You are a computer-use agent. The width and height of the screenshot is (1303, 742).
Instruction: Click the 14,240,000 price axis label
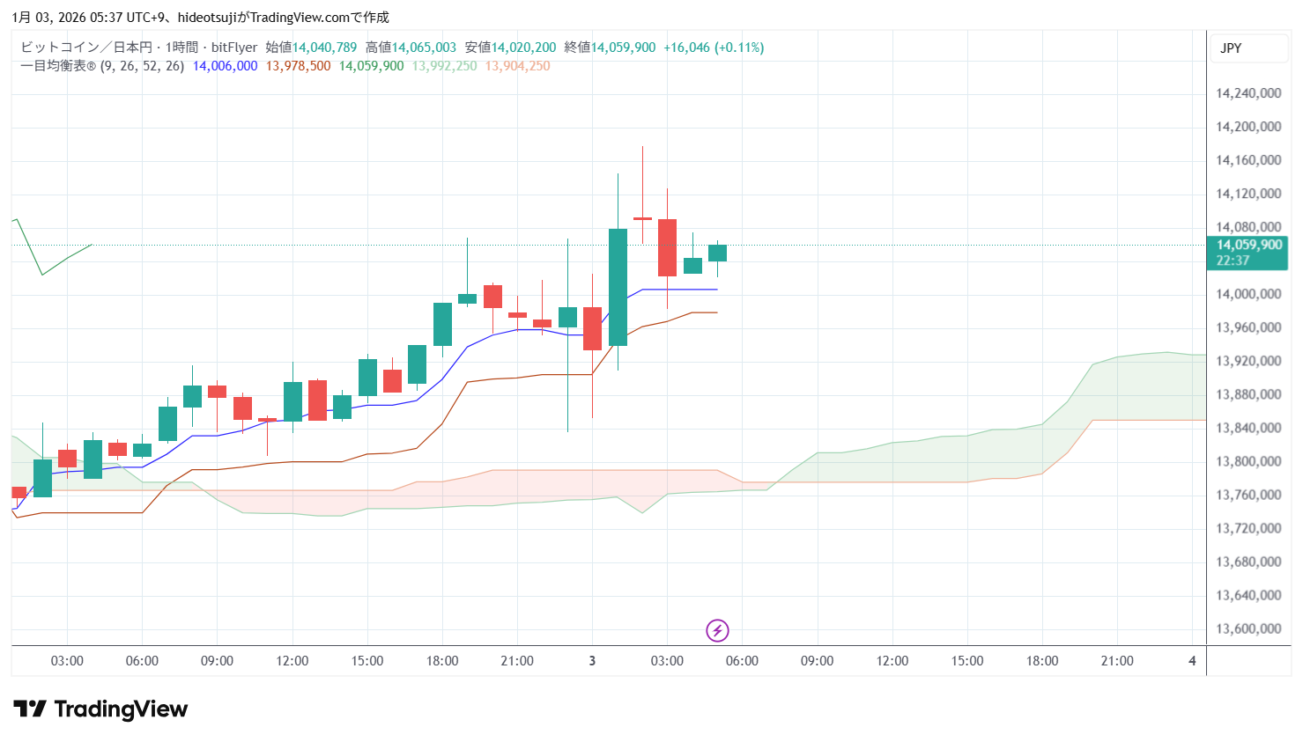[1247, 93]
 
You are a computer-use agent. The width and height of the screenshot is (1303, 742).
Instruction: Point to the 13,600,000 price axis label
[1247, 628]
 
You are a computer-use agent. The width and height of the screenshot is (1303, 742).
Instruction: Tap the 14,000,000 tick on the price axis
[1247, 294]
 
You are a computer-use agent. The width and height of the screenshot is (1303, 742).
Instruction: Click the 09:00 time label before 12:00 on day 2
[217, 661]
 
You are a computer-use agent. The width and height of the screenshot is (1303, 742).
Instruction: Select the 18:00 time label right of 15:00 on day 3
[1041, 661]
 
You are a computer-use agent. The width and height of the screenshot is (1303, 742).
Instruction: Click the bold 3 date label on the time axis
[592, 661]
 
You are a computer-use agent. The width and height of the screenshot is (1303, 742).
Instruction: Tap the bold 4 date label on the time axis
[1192, 661]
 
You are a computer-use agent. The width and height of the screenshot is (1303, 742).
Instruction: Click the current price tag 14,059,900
[1247, 246]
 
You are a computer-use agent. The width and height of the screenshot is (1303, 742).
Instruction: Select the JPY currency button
[1231, 48]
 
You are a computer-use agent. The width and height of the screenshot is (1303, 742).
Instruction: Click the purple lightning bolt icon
[717, 630]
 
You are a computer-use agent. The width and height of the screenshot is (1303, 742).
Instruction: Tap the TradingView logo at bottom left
[100, 709]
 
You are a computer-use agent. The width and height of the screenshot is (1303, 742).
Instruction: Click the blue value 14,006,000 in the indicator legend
[225, 66]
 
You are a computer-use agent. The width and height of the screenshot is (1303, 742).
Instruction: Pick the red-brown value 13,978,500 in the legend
[298, 66]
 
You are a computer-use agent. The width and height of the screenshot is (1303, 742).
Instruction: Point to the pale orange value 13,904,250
[517, 66]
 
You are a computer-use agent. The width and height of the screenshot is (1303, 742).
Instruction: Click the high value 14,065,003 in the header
[424, 48]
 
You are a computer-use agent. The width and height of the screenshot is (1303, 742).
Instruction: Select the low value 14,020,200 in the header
[523, 48]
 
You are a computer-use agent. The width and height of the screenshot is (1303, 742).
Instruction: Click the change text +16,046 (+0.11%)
[713, 48]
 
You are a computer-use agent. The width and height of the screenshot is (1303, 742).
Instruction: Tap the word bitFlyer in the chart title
[234, 48]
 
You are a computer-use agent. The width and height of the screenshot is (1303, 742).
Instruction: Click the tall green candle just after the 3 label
[618, 287]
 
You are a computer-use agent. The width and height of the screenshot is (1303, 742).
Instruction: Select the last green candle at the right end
[717, 253]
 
